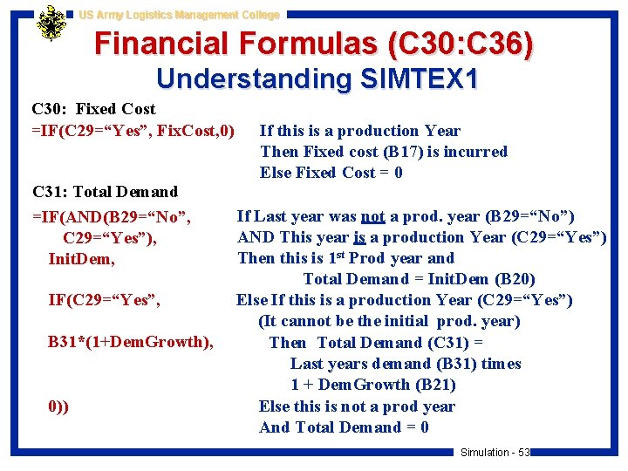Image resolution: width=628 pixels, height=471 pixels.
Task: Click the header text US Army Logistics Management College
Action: tap(179, 15)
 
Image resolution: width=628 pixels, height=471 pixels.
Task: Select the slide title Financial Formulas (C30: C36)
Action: tap(313, 44)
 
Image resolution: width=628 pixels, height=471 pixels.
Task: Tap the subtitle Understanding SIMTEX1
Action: tap(317, 79)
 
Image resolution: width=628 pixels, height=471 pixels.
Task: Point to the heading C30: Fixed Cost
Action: tap(93, 109)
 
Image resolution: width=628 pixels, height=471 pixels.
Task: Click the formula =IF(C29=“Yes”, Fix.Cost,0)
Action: tap(133, 131)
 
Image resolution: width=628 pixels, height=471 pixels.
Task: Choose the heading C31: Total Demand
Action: tap(104, 192)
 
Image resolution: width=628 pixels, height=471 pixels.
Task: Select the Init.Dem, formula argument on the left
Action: tap(82, 259)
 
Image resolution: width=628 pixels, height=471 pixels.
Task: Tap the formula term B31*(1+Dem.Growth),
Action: tap(131, 342)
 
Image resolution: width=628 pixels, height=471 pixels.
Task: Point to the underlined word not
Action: tap(373, 216)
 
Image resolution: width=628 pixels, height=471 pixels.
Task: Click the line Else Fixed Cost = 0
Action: tap(331, 173)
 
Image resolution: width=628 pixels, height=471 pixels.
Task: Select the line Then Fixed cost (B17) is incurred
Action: tap(383, 152)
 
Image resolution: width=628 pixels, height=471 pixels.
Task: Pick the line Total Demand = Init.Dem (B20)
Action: tap(419, 279)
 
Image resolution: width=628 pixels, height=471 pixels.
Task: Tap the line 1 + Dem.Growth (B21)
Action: tap(373, 385)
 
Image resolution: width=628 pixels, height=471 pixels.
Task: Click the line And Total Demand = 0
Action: tap(344, 427)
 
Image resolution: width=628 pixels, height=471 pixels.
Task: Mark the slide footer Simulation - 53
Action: tap(495, 452)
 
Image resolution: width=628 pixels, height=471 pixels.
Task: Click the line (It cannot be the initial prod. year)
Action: tap(389, 321)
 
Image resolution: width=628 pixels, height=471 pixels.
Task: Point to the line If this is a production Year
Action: tap(359, 131)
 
